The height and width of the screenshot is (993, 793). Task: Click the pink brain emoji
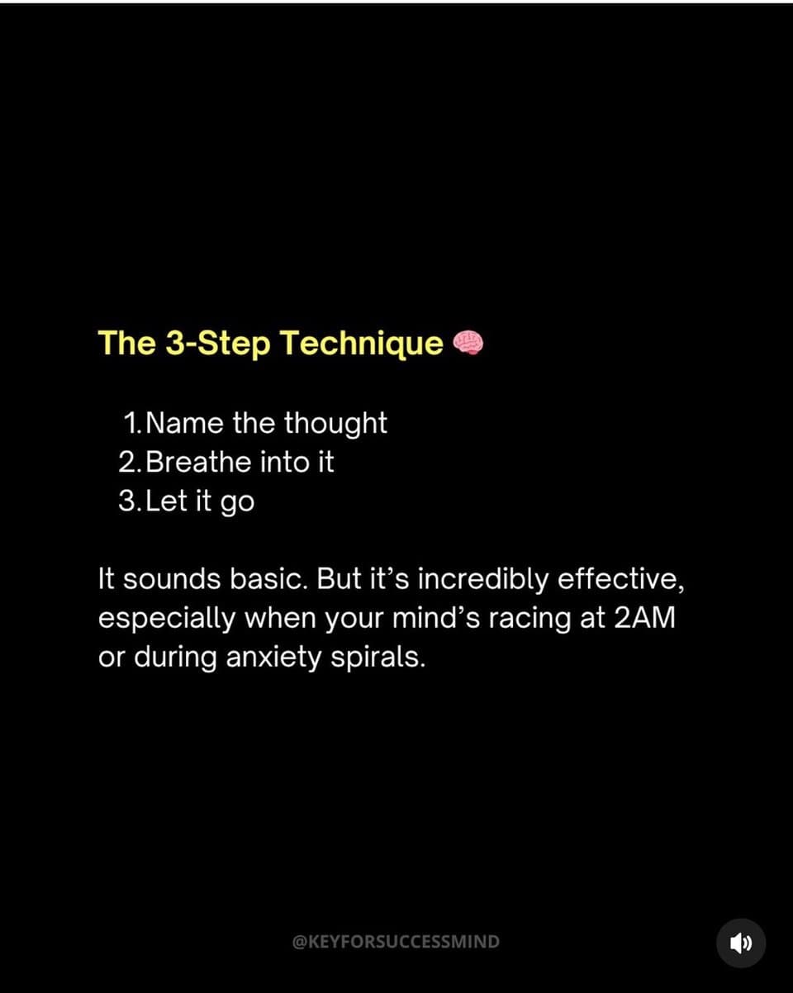click(x=468, y=344)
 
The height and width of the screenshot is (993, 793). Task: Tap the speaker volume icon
click(x=741, y=943)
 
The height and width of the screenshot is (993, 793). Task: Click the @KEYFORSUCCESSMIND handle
click(x=396, y=942)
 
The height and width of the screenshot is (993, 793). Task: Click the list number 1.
click(x=132, y=423)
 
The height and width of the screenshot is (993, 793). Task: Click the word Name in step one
click(x=185, y=423)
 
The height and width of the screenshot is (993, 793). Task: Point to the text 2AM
click(x=644, y=618)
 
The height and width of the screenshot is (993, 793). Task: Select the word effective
click(x=621, y=580)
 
